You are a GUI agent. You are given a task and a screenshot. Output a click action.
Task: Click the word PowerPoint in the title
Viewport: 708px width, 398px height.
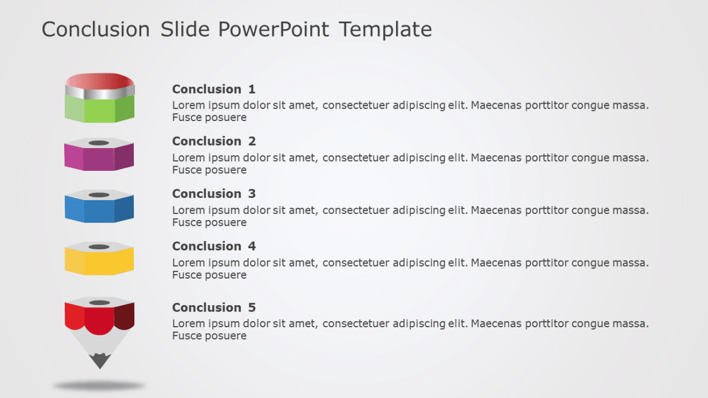click(273, 30)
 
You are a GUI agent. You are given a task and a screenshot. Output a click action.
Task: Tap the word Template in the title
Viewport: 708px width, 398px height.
click(385, 30)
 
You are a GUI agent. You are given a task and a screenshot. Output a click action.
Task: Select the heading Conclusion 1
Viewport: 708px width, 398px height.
click(214, 89)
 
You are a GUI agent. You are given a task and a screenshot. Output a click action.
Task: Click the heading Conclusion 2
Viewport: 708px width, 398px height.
click(214, 141)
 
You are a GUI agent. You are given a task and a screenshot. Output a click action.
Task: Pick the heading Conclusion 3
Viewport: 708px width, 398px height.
click(214, 194)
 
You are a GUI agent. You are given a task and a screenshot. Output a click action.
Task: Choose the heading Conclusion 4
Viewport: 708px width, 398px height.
click(214, 246)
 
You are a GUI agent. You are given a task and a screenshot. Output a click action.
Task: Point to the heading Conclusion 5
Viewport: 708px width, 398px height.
click(214, 307)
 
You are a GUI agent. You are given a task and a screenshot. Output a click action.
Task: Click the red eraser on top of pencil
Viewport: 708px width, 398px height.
click(100, 80)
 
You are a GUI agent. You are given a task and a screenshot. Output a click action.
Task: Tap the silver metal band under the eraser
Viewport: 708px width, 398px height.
click(100, 93)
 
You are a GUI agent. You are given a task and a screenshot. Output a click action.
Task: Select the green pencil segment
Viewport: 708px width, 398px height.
click(100, 110)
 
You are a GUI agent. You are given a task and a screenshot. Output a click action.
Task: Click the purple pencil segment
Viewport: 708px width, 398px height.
click(99, 156)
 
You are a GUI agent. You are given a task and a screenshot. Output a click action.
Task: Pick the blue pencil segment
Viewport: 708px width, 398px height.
click(99, 209)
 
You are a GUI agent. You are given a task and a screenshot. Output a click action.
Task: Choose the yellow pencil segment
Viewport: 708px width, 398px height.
click(99, 260)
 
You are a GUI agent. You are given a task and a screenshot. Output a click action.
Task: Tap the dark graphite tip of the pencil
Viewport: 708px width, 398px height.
click(100, 361)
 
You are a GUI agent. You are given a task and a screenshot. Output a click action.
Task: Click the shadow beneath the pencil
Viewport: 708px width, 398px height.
click(99, 386)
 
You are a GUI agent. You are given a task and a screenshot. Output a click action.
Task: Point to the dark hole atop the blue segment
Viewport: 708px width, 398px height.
click(99, 195)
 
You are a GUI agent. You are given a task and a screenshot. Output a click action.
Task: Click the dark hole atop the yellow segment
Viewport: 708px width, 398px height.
click(99, 247)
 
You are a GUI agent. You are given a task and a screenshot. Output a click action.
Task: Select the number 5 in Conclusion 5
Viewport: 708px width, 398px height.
click(252, 307)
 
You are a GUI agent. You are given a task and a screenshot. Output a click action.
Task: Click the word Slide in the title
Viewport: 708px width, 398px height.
click(185, 30)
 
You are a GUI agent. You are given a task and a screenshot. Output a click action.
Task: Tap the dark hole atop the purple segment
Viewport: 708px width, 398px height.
click(99, 143)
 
